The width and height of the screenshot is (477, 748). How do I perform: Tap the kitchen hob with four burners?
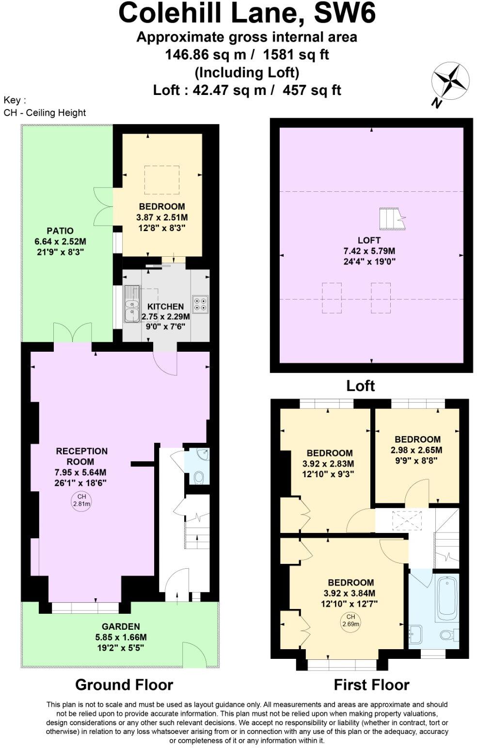(200, 303)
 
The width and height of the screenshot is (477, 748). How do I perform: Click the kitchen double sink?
(131, 304)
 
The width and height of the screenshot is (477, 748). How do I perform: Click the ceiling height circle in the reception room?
(81, 500)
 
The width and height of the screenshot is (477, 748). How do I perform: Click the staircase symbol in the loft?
(392, 219)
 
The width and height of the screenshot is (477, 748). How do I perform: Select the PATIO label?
(60, 231)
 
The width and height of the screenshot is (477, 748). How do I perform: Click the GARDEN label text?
(121, 626)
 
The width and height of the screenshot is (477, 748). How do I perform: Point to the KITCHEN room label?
(165, 307)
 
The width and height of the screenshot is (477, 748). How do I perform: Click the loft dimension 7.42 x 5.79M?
(369, 251)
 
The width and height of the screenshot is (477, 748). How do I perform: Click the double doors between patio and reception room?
(72, 334)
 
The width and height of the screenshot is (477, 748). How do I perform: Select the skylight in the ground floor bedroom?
(161, 180)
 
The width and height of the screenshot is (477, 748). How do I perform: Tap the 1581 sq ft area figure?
(296, 55)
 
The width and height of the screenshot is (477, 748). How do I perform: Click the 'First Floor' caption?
(371, 685)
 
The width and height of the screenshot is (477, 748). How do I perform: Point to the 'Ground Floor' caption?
(124, 685)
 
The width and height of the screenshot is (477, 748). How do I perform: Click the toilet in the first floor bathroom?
(447, 634)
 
